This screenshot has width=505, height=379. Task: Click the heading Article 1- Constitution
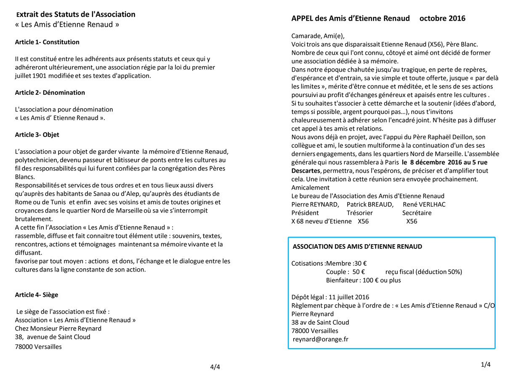pos(47,42)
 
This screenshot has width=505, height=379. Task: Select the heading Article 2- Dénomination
pos(50,93)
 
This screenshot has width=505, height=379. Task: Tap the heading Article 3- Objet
pos(37,135)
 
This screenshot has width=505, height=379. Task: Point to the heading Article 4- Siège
pos(37,295)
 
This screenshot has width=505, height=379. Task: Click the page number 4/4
pos(215,367)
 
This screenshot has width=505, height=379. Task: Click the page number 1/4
pos(486,365)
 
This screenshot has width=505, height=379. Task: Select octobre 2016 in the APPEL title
pos(442,19)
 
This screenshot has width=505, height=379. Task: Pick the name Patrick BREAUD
pos(370,204)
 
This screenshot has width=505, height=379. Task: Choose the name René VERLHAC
pos(424,204)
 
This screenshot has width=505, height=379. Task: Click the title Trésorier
pos(359,213)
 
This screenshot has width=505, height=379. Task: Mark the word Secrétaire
pos(417,213)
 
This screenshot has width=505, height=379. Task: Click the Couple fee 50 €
pos(359,272)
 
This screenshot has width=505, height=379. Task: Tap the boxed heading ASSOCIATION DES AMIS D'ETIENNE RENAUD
pos(357,246)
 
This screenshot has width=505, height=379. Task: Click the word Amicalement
pos(311,187)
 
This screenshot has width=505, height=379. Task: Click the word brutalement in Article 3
pos(34,219)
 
